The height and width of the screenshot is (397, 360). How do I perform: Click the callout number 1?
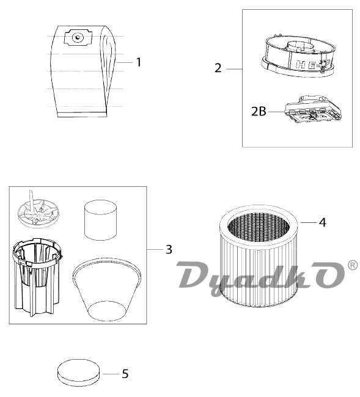click(139, 62)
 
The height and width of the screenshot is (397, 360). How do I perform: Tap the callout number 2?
click(218, 68)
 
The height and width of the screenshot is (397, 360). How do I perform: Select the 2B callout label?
click(259, 111)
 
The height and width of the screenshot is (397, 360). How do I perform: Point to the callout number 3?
click(169, 249)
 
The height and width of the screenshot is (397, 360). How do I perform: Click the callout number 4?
click(323, 222)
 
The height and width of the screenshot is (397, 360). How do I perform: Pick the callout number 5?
click(125, 374)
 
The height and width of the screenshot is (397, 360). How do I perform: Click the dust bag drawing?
click(83, 71)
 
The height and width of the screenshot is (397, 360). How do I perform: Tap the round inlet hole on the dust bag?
click(78, 37)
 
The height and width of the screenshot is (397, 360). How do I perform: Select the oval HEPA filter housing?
click(298, 56)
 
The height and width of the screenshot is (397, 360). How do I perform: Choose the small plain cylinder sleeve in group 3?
click(100, 220)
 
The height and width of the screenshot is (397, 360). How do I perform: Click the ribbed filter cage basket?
click(37, 277)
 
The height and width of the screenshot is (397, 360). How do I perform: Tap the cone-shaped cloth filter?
click(106, 289)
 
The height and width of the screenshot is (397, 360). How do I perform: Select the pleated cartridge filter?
click(259, 256)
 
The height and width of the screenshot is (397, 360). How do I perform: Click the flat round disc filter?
click(78, 372)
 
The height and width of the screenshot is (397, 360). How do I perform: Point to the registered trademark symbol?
click(353, 265)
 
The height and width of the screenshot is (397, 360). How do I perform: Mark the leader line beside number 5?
click(111, 374)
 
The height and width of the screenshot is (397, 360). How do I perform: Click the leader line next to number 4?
click(308, 222)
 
